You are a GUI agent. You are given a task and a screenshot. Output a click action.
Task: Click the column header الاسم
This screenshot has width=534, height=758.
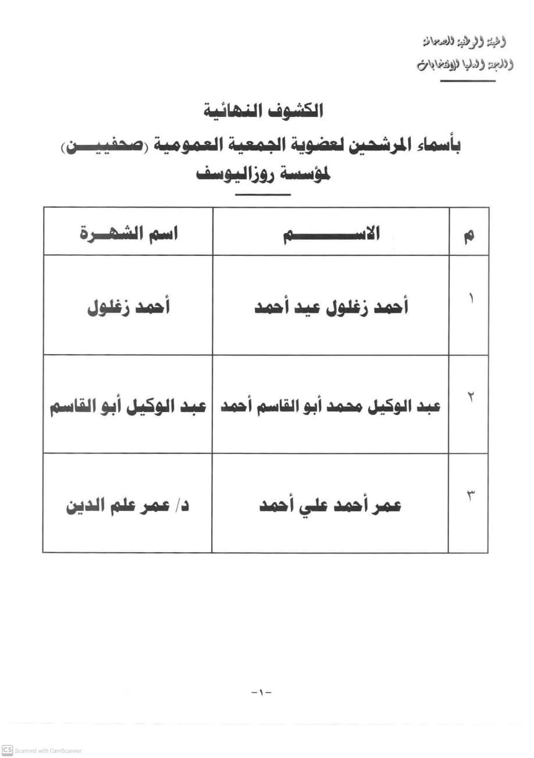pos(331,234)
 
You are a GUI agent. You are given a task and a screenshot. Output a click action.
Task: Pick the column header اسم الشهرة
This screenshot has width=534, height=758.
pos(128,234)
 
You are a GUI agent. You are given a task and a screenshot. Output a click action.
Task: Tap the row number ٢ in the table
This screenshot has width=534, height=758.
pos(470,398)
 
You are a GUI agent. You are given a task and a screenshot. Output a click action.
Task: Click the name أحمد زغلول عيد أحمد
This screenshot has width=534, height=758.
pos(331,307)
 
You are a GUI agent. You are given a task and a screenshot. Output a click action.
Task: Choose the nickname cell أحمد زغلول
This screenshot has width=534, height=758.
pos(128,307)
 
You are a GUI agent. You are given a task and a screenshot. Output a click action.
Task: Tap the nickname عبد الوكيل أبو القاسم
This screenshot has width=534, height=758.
pos(128,406)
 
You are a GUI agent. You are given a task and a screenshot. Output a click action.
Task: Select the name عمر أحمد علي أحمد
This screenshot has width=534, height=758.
pos(330,505)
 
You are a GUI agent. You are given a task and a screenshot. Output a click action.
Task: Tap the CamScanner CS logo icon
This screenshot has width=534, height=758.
pos(7,750)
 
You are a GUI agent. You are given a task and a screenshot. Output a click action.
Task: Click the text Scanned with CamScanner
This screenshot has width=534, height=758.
pos(48,750)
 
